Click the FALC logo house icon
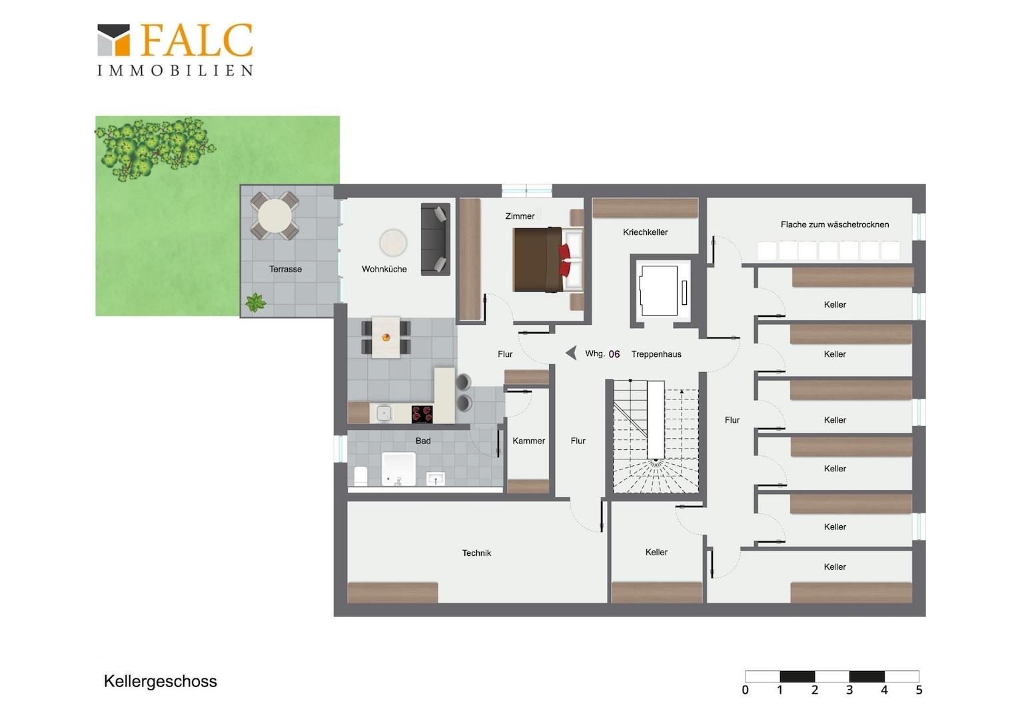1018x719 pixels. (x=114, y=40)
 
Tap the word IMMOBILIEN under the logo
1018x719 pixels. (x=175, y=71)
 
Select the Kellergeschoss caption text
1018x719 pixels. (x=161, y=682)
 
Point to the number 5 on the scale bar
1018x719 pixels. (x=919, y=690)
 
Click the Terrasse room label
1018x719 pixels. (x=285, y=269)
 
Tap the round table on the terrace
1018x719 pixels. (x=274, y=216)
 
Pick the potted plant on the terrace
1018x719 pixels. (x=255, y=302)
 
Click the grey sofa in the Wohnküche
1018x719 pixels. (x=435, y=240)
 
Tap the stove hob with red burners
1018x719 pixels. (x=422, y=414)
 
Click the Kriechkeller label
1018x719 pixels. (x=646, y=232)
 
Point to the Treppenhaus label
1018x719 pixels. (x=656, y=354)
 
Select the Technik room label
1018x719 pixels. (x=476, y=553)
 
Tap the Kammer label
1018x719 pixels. (x=528, y=441)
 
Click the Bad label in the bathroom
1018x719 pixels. (x=422, y=441)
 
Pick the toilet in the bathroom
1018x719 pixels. (x=360, y=475)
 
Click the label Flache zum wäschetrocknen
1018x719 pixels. (x=835, y=224)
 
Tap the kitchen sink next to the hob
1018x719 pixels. (x=384, y=414)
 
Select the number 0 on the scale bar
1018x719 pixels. (x=746, y=690)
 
